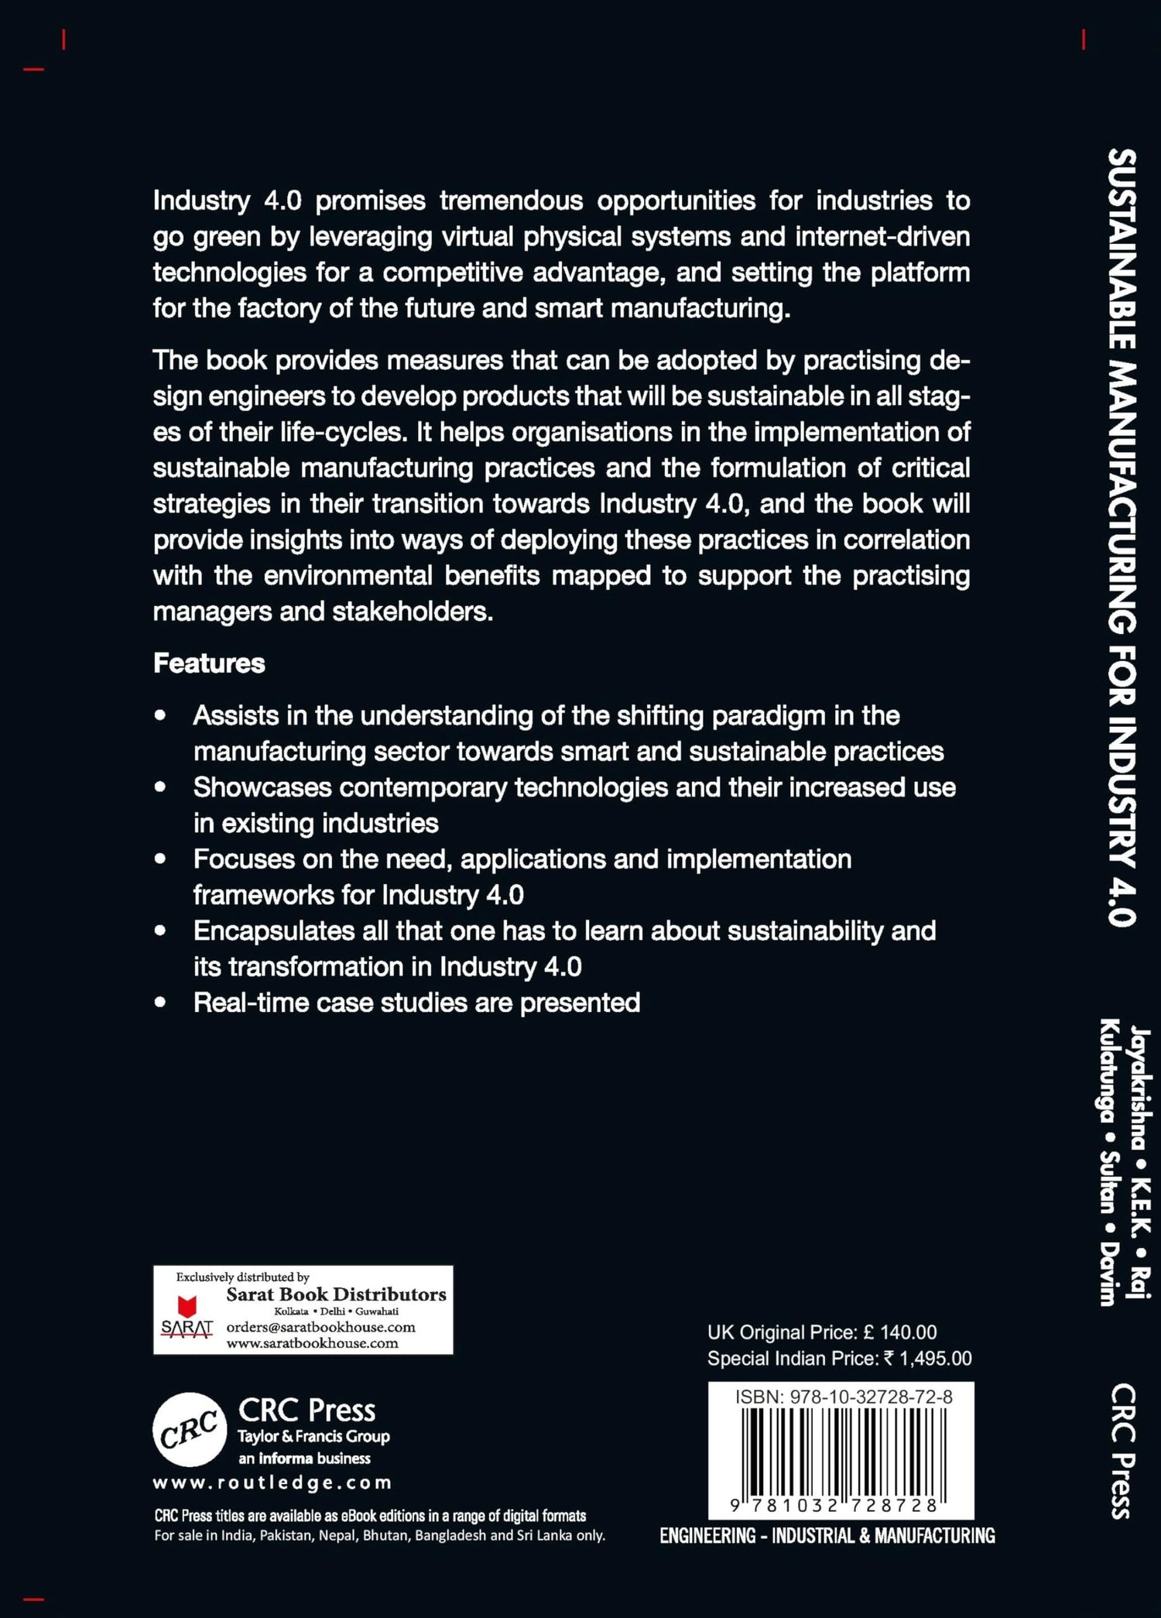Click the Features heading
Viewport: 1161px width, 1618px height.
[209, 663]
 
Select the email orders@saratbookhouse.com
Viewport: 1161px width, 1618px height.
[320, 1327]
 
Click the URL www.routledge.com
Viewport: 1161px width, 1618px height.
[272, 1483]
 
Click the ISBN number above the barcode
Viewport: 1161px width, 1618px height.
[844, 1397]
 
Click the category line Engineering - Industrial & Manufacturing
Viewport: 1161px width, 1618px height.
[827, 1536]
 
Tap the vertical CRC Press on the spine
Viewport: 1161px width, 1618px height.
[1123, 1451]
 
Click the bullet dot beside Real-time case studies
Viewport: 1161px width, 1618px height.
[160, 1003]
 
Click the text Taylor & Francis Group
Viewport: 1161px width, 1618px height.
[313, 1437]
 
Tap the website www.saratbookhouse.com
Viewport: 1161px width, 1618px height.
[312, 1343]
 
